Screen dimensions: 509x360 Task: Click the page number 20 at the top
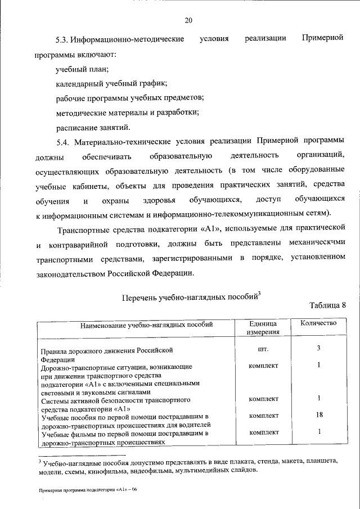[188, 21]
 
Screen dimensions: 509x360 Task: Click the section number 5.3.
[62, 40]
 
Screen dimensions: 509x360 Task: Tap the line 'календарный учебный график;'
[111, 83]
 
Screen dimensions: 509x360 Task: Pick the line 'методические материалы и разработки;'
[127, 111]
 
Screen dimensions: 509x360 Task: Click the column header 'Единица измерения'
[263, 328]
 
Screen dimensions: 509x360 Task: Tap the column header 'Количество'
[318, 323]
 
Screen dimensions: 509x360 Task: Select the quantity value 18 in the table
[318, 416]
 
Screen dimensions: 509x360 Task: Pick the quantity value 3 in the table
[318, 349]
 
